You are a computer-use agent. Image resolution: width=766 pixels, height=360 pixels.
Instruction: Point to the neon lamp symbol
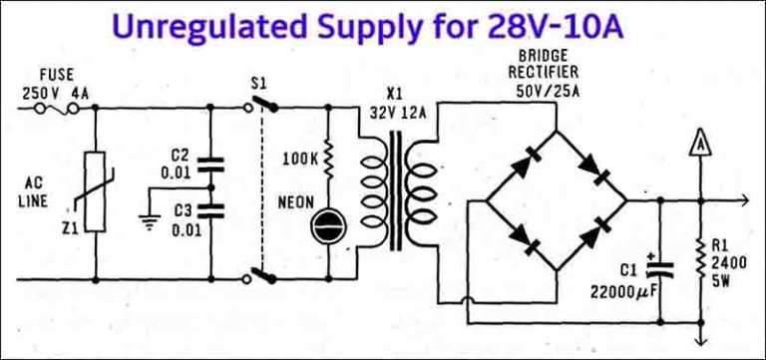pos(328,228)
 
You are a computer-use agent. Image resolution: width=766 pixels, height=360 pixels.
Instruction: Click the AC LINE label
pos(45,193)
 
